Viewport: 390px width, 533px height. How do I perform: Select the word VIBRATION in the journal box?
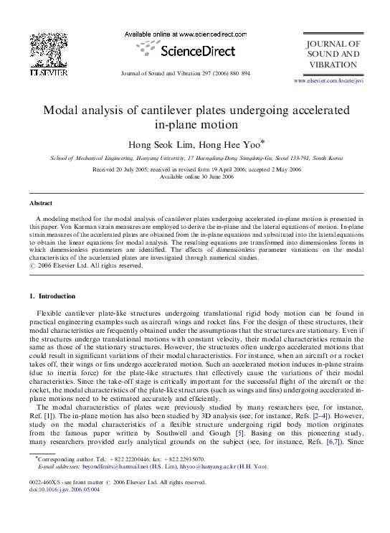point(333,65)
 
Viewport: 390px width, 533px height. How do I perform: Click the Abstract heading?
point(40,204)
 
